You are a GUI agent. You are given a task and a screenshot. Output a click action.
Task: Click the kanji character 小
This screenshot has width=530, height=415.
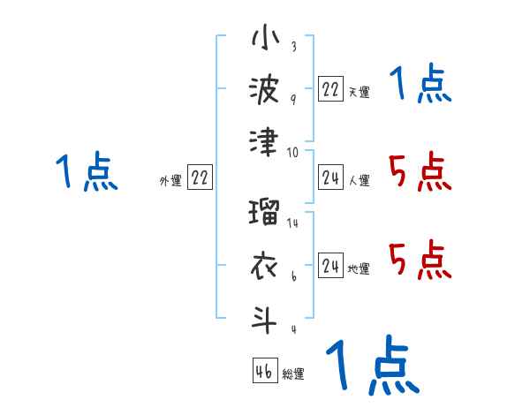[x=265, y=40]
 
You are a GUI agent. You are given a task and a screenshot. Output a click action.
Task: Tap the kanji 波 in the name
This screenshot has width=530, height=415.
[x=265, y=90]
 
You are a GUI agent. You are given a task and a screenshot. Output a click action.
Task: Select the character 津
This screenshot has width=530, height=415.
[x=265, y=142]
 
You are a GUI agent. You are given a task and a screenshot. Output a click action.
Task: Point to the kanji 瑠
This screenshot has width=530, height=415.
[x=265, y=215]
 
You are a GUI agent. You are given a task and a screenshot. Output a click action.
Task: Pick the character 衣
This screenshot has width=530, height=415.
[x=265, y=266]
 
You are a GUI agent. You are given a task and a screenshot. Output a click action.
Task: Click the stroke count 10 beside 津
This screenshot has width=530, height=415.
[x=292, y=152]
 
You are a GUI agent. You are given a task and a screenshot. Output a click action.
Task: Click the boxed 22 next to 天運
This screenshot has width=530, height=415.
[x=330, y=88]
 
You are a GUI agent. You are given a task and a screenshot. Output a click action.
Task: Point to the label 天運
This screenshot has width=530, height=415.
[x=358, y=92]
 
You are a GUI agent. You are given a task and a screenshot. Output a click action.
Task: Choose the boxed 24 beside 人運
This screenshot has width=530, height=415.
[x=330, y=177]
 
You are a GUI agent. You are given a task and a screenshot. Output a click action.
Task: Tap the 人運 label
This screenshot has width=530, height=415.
[x=358, y=180]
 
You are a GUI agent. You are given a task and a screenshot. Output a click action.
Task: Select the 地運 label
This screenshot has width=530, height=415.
[x=358, y=268]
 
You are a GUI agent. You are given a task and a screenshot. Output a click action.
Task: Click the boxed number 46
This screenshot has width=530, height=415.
[x=264, y=370]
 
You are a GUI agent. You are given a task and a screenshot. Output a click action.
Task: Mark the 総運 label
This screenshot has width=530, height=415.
[x=292, y=373]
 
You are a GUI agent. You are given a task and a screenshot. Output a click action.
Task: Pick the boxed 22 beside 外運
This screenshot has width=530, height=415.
[x=200, y=177]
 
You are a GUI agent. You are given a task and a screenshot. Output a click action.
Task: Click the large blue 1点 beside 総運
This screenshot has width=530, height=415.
[x=371, y=365]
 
